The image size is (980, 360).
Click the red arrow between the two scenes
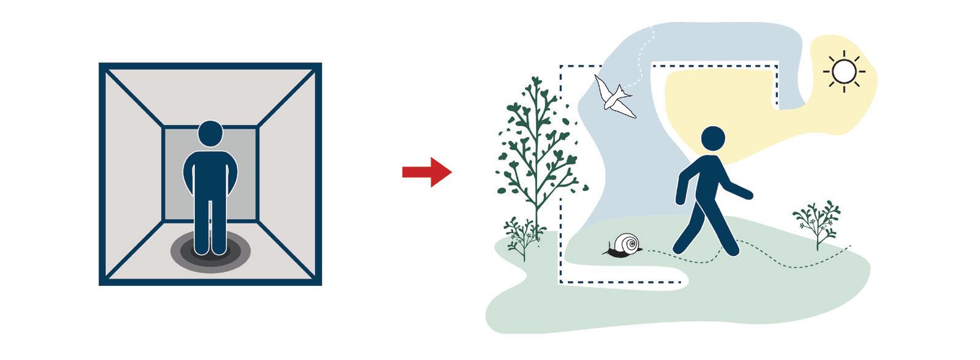point(427,172)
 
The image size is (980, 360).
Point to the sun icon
point(844,71)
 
